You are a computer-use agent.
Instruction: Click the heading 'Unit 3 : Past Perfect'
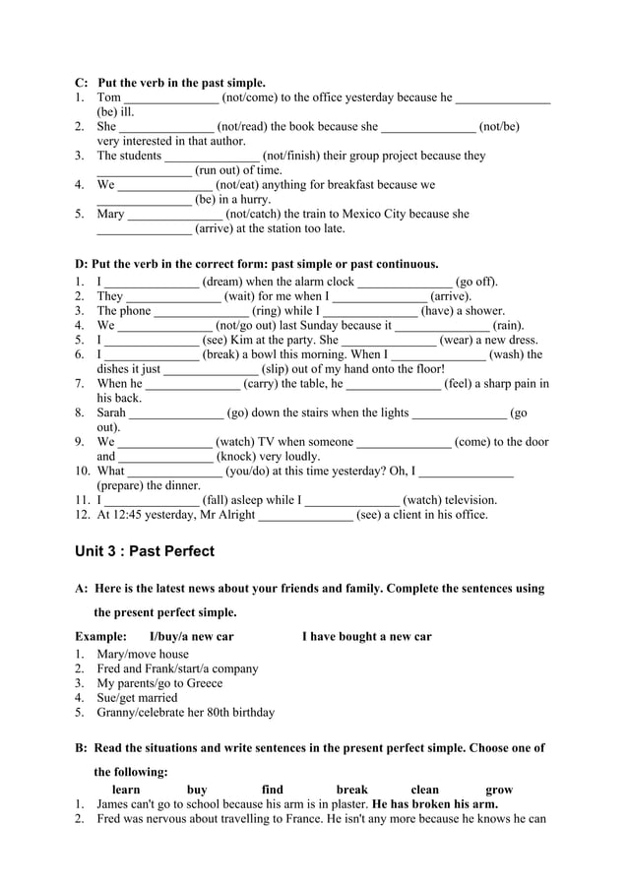[x=145, y=551]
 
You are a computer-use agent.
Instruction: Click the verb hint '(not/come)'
[x=251, y=97]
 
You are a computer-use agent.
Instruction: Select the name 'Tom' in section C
[x=109, y=97]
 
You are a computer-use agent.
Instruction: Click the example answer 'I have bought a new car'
[x=366, y=637]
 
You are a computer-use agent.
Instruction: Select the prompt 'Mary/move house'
[x=143, y=654]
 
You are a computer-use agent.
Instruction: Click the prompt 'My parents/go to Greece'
[x=159, y=683]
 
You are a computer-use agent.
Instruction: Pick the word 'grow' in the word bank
[x=499, y=790]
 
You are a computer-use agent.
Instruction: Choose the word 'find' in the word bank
[x=273, y=790]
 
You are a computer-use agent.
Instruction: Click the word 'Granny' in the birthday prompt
[x=117, y=713]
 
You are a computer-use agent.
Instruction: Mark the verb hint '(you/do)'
[x=252, y=471]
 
